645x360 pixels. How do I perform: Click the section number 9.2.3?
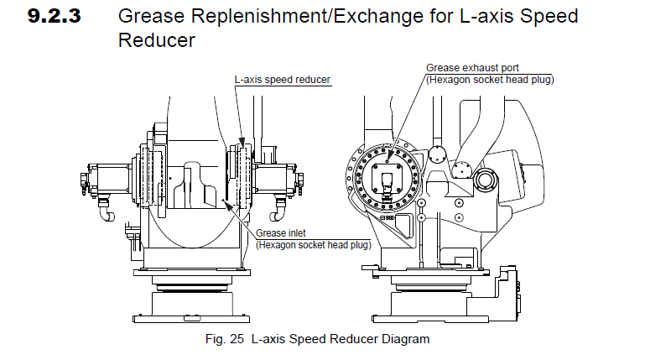(x=55, y=17)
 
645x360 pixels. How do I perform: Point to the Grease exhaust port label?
(x=466, y=68)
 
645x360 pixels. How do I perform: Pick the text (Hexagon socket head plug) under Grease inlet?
(x=313, y=244)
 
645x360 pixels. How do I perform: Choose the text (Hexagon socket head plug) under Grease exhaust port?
(x=490, y=79)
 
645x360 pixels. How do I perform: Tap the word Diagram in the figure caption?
(x=405, y=340)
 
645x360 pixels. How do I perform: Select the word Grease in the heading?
(x=148, y=17)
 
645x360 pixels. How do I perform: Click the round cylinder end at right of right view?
(x=486, y=179)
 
